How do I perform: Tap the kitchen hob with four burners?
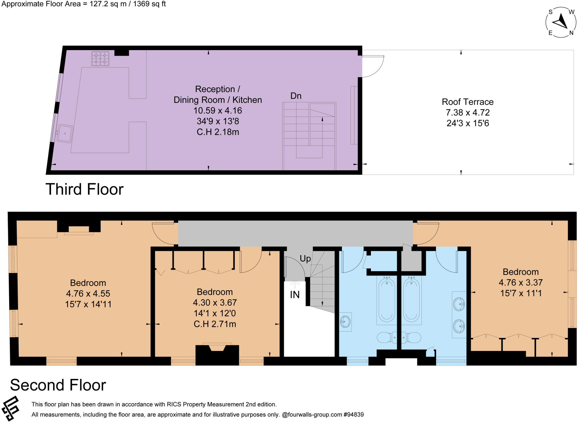click(x=100, y=58)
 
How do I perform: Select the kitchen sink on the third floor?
click(x=65, y=133)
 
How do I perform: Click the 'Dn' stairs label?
click(x=296, y=96)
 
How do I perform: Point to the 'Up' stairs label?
click(x=305, y=258)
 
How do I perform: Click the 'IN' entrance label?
click(x=295, y=295)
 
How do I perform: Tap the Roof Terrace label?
click(x=467, y=102)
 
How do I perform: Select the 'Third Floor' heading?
click(x=85, y=189)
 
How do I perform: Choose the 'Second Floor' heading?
click(x=58, y=385)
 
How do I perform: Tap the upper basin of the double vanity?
click(x=459, y=304)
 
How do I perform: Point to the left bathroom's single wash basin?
click(x=345, y=322)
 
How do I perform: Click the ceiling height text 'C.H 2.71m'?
click(x=215, y=324)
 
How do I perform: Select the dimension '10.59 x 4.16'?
click(x=218, y=111)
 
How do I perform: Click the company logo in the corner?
click(x=10, y=408)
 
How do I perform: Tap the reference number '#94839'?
click(x=354, y=415)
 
